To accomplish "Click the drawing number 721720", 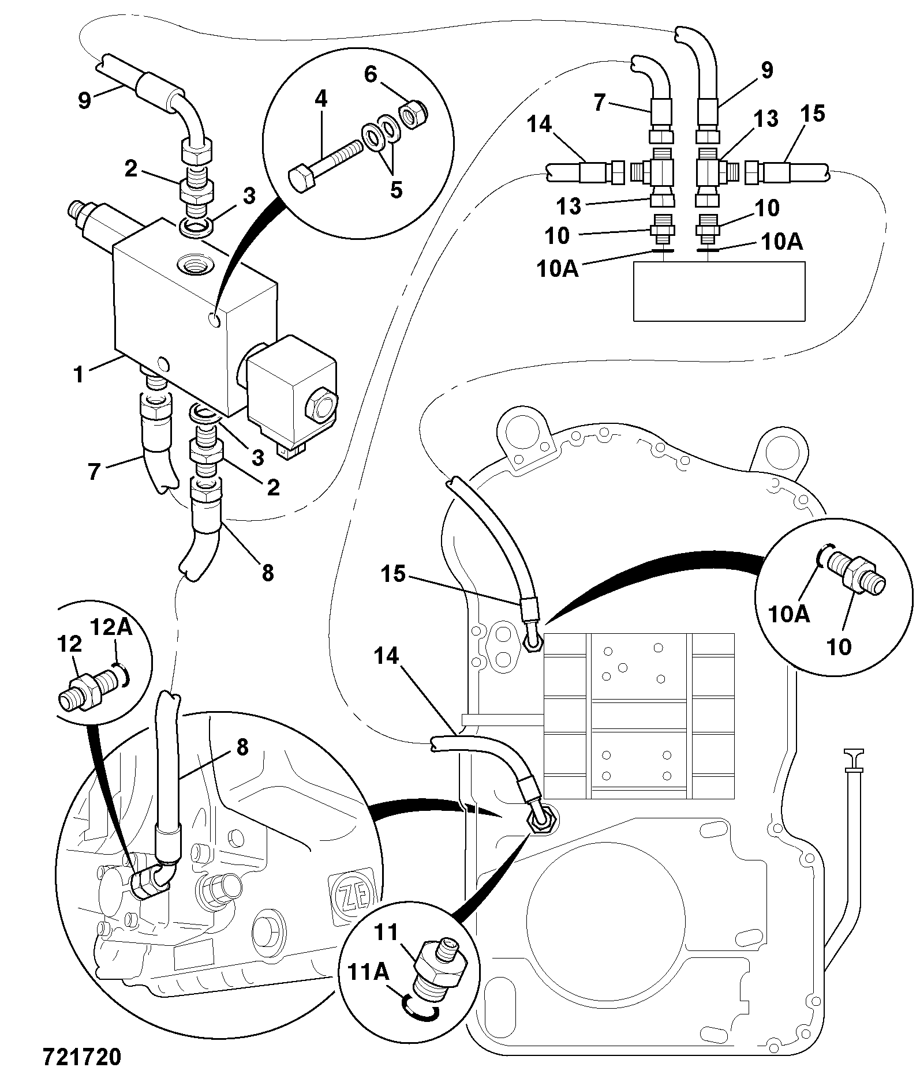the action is point(82,1057).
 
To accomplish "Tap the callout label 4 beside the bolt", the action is point(321,99).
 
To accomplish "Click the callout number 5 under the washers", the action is point(396,189).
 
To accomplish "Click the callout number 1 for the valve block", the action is point(78,374).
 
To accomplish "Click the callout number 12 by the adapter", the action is point(69,644).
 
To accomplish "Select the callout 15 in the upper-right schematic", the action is point(813,114).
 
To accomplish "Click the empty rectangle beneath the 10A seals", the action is point(719,291).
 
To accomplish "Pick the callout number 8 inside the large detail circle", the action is point(242,747).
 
